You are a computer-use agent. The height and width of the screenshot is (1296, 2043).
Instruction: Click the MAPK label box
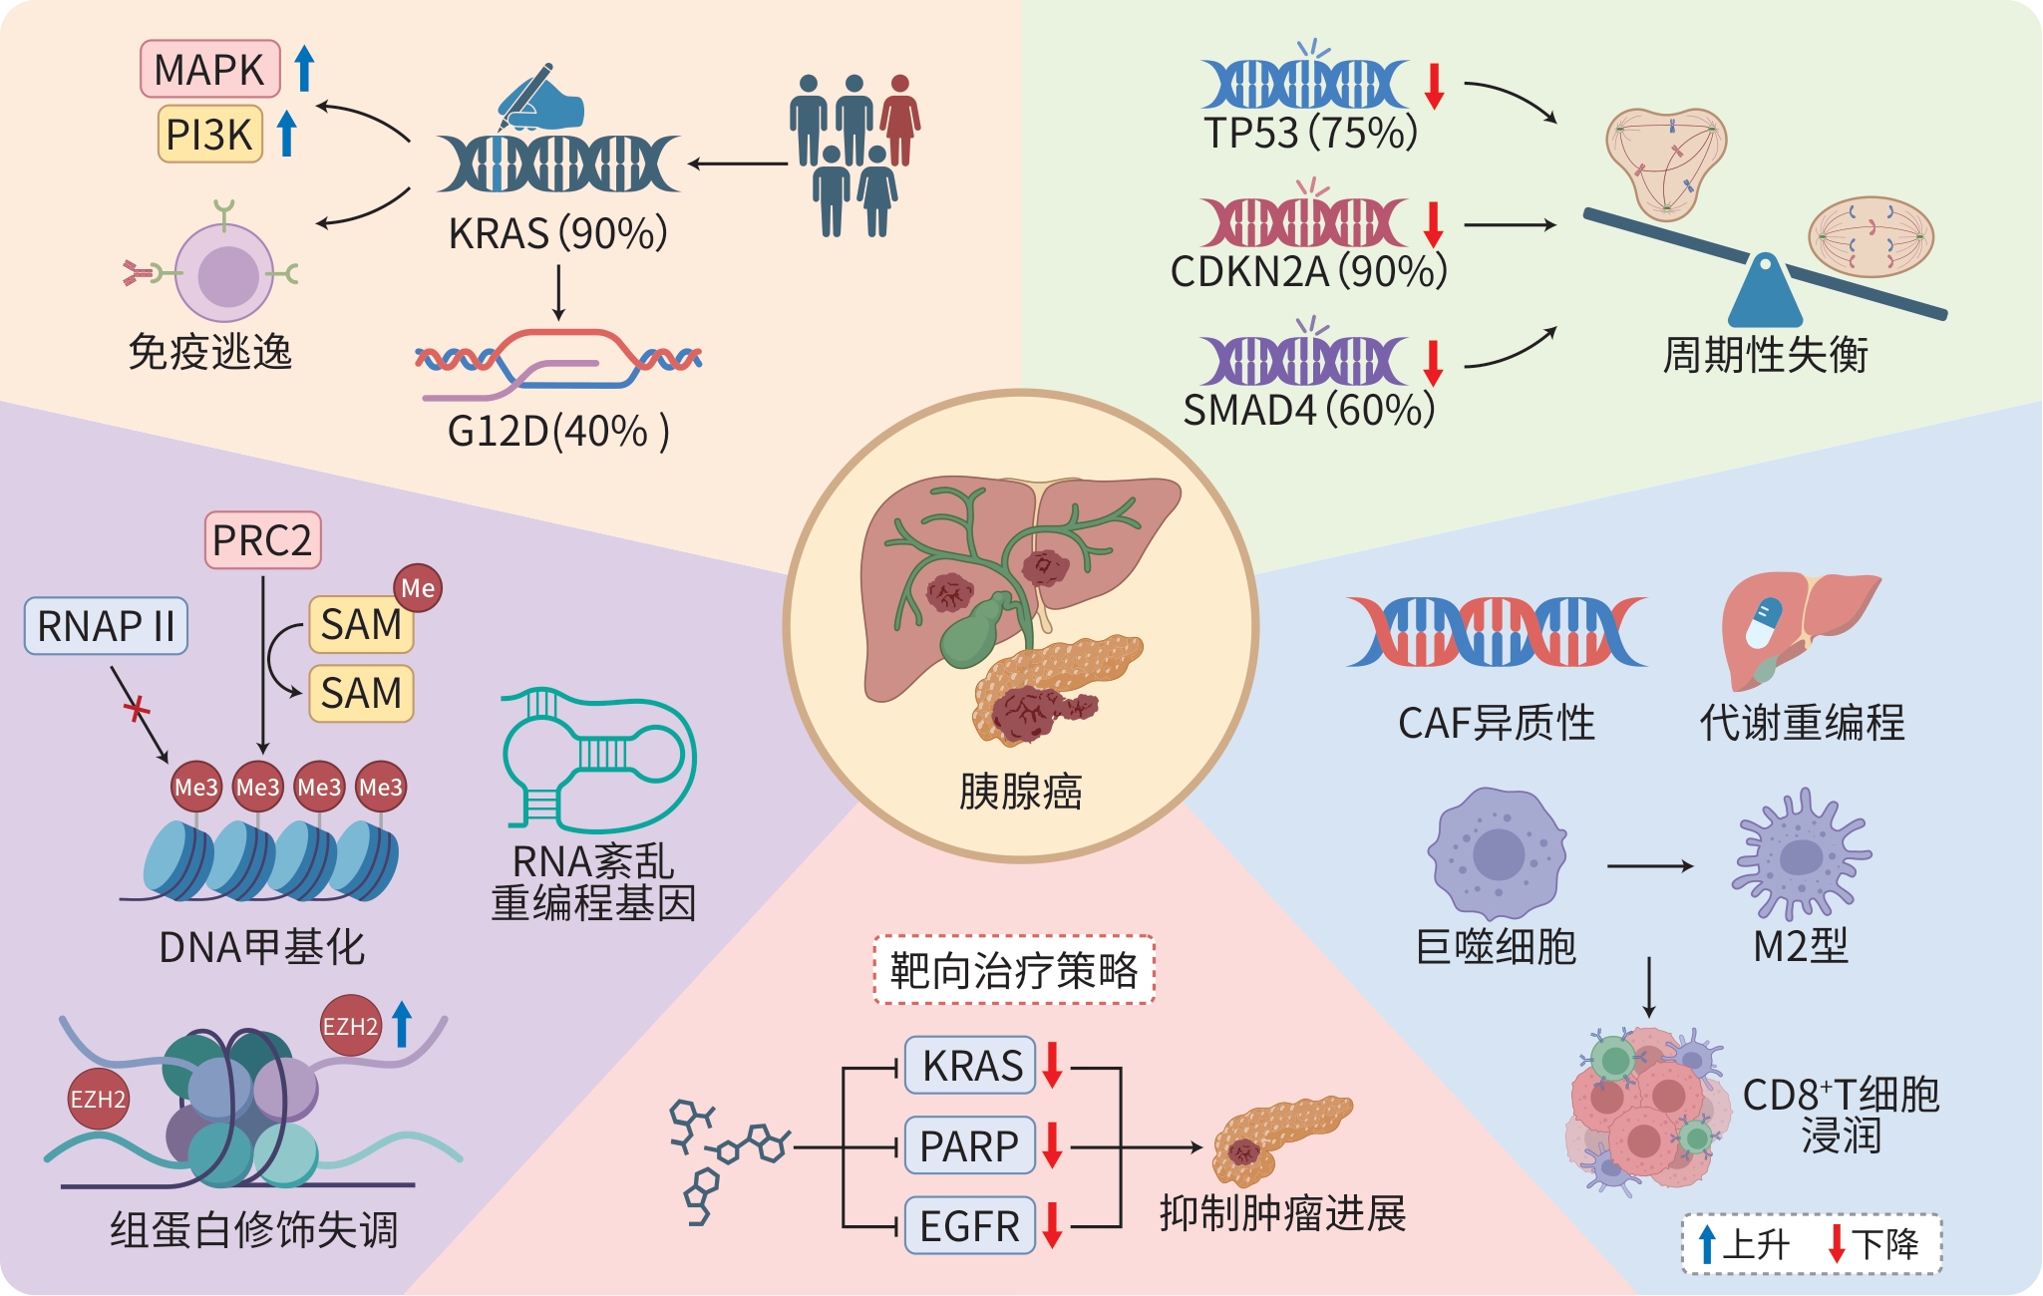pyautogui.click(x=209, y=70)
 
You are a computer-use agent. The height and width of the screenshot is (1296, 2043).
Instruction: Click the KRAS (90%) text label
pyautogui.click(x=557, y=234)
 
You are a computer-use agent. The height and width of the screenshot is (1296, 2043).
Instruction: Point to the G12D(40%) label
pyautogui.click(x=557, y=432)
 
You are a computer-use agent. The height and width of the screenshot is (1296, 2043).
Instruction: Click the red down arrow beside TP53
pyautogui.click(x=1434, y=86)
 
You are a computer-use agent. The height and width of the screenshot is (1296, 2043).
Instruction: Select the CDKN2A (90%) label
pyautogui.click(x=1308, y=271)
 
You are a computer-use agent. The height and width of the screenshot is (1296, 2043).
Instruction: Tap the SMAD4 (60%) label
pyautogui.click(x=1308, y=410)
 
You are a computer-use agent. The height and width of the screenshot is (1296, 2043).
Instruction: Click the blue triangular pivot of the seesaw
pyautogui.click(x=1765, y=294)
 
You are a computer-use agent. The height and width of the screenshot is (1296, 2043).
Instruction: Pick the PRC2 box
pyautogui.click(x=262, y=540)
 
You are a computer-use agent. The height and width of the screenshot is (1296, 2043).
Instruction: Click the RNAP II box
pyautogui.click(x=106, y=626)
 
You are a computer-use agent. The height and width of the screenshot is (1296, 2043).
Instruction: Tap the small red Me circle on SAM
pyautogui.click(x=418, y=588)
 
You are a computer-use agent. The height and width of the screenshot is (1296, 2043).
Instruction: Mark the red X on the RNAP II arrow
pyautogui.click(x=137, y=710)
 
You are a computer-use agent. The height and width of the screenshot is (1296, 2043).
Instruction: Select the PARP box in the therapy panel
pyautogui.click(x=969, y=1146)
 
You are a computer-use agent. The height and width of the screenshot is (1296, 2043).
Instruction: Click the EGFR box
pyautogui.click(x=969, y=1226)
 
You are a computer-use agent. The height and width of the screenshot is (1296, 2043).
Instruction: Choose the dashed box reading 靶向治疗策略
pyautogui.click(x=1014, y=970)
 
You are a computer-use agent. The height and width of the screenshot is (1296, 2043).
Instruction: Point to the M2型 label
pyautogui.click(x=1801, y=945)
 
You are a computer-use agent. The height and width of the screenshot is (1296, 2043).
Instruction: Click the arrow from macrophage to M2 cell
pyautogui.click(x=1650, y=865)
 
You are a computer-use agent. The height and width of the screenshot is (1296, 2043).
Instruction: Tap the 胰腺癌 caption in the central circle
pyautogui.click(x=1020, y=792)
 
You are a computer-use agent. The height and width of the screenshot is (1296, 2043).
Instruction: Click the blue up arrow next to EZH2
pyautogui.click(x=402, y=1024)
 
